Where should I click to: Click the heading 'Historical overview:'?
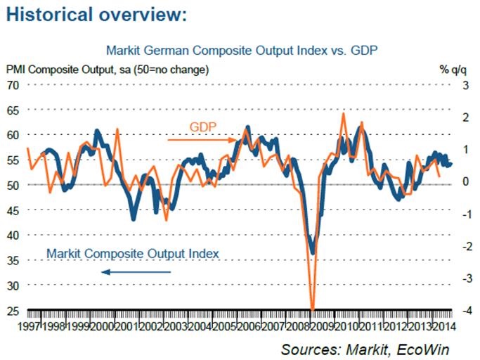[97, 15]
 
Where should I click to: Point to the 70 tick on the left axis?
[13, 85]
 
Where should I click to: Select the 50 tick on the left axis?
[13, 185]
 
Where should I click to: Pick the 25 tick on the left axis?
[13, 310]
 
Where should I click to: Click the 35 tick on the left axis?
[13, 260]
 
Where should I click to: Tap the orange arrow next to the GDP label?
[201, 140]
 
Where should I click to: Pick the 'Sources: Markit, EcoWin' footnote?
[364, 349]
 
